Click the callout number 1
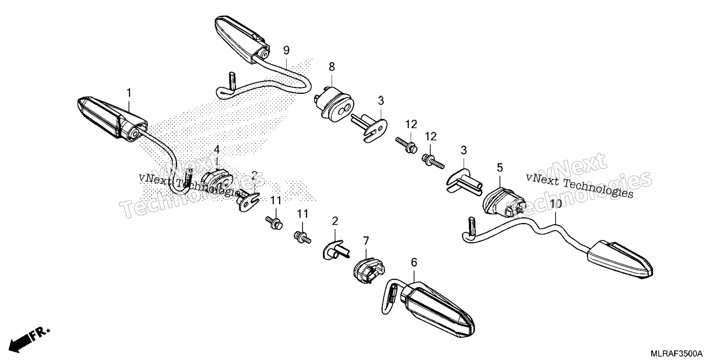(x=129, y=93)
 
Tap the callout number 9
(x=286, y=50)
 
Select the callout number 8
(x=331, y=67)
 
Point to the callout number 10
(x=556, y=204)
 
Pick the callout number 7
(x=366, y=240)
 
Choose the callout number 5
(x=499, y=168)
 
